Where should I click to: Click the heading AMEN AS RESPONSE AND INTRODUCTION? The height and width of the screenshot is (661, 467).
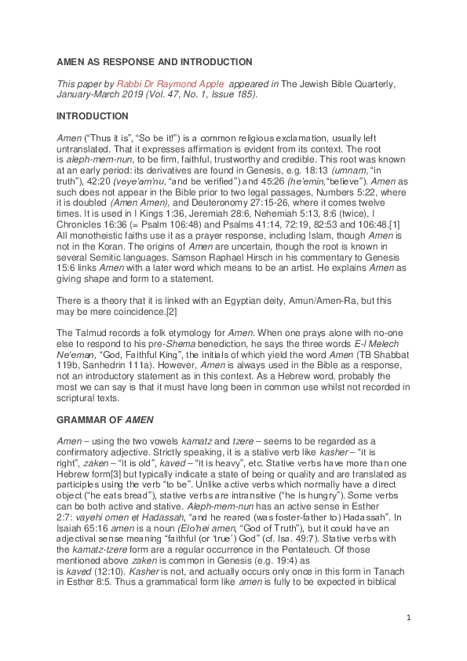[x=155, y=62]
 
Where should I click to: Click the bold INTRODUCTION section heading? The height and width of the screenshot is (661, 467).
[x=93, y=115]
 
